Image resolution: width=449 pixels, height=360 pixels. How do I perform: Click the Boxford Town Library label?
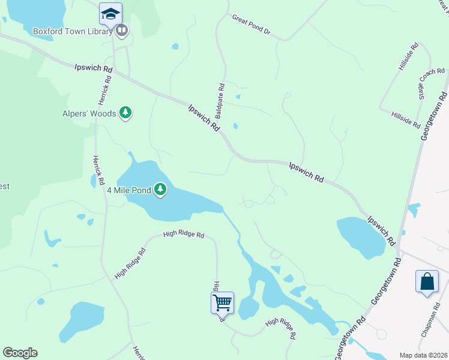(x=64, y=31)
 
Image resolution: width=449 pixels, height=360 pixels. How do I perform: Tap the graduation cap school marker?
(x=110, y=13)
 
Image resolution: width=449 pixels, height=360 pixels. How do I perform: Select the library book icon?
(x=122, y=30)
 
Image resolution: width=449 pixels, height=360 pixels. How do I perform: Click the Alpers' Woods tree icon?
(x=125, y=112)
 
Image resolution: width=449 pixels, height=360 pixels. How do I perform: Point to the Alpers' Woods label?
(x=89, y=113)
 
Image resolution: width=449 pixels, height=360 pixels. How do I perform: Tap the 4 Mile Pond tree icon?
(x=160, y=190)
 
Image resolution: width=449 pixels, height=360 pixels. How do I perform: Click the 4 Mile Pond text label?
(x=129, y=190)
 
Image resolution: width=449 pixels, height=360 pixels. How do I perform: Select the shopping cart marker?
(x=222, y=302)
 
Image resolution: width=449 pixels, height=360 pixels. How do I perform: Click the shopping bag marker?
(x=427, y=281)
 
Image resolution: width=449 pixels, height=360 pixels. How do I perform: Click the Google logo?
(x=20, y=353)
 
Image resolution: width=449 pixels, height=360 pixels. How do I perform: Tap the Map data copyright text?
(x=423, y=355)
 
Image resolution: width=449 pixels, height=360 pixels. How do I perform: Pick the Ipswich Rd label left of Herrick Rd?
(x=94, y=69)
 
